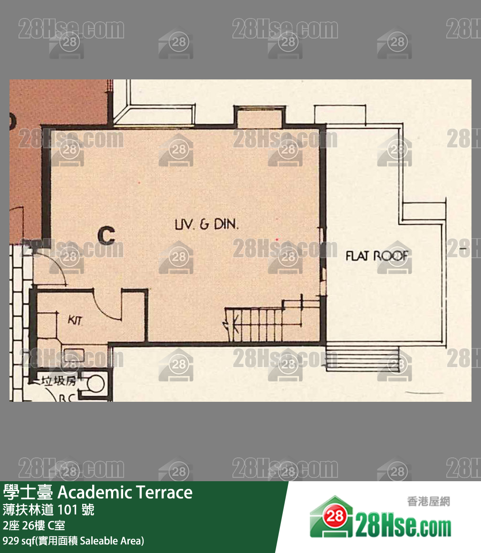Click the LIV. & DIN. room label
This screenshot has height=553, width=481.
pyautogui.click(x=207, y=224)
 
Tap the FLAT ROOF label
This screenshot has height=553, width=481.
pyautogui.click(x=377, y=256)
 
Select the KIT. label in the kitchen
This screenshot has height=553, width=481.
pyautogui.click(x=75, y=320)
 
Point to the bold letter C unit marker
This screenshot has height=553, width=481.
pyautogui.click(x=106, y=235)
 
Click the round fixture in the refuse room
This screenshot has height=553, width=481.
pyautogui.click(x=97, y=382)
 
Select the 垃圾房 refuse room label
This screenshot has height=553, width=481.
pyautogui.click(x=59, y=380)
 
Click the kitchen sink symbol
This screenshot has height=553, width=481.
pyautogui.click(x=73, y=354)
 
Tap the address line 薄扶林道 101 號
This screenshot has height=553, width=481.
pyautogui.click(x=48, y=510)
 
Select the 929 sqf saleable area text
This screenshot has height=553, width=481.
pyautogui.click(x=73, y=541)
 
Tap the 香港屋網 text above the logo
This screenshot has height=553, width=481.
pyautogui.click(x=428, y=501)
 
